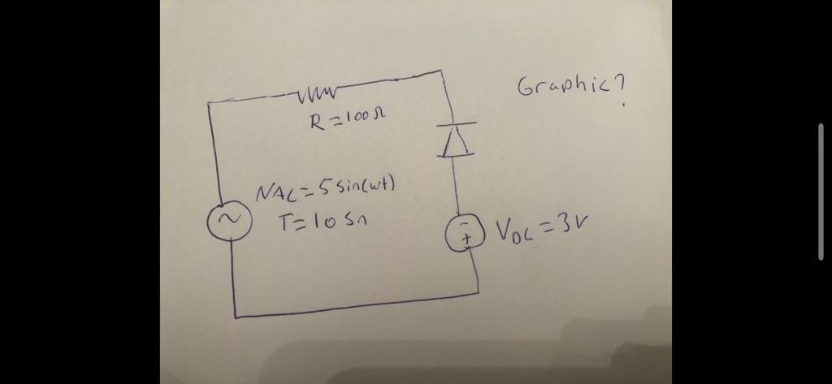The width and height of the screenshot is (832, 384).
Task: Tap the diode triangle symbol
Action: coord(455,142)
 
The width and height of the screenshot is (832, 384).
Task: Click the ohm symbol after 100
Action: coord(379,119)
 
